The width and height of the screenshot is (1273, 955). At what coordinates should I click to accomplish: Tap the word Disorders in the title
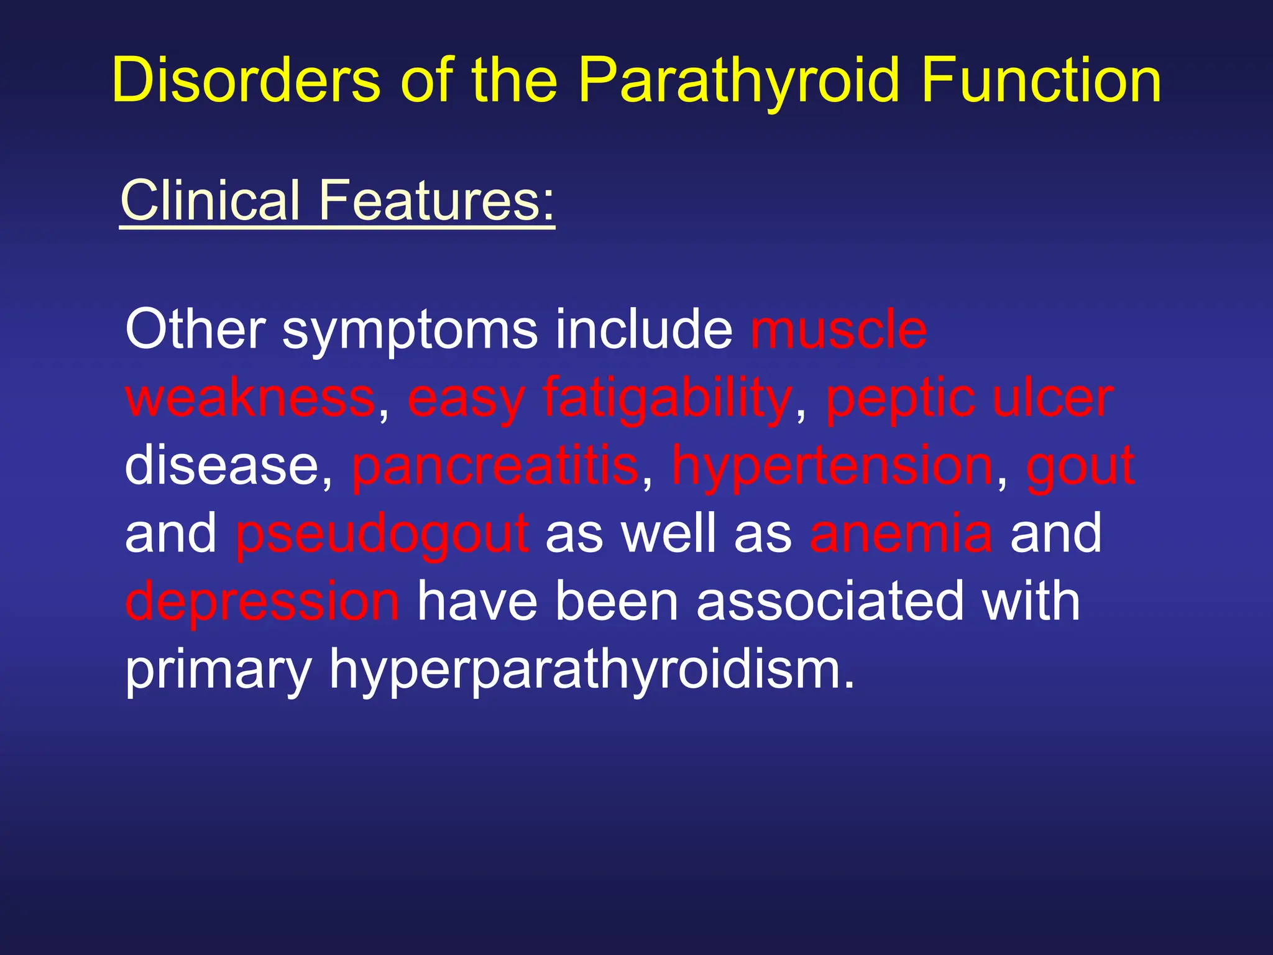tap(246, 81)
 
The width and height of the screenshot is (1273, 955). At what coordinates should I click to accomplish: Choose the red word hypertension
tap(834, 468)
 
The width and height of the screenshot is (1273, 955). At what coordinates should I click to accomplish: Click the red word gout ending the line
tap(1080, 468)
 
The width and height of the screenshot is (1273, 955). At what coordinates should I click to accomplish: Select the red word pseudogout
tap(382, 535)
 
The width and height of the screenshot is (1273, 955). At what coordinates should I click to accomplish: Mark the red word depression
tap(262, 602)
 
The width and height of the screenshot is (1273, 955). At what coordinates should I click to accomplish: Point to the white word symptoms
tap(410, 331)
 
